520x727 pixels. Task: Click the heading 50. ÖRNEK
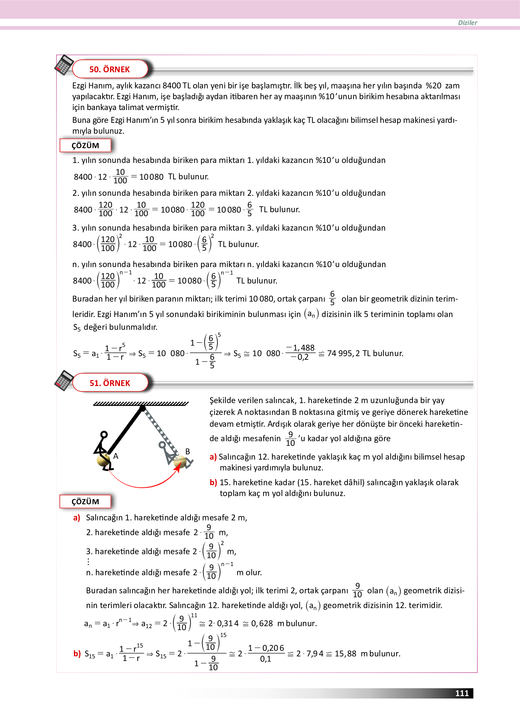[x=109, y=69]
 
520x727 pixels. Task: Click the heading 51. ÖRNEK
[x=110, y=383]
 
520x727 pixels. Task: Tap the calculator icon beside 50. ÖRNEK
[x=64, y=65]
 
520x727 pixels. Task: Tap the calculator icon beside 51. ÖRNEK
[x=64, y=380]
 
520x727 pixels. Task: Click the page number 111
[x=462, y=693]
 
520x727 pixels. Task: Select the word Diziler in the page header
[x=467, y=23]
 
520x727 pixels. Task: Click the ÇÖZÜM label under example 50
[x=85, y=146]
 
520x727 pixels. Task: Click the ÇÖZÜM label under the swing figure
[x=85, y=502]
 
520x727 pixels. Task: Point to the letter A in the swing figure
[x=116, y=456]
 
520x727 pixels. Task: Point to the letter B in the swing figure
[x=188, y=451]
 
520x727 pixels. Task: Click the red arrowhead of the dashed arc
[x=177, y=468]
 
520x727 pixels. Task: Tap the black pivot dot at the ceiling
[x=143, y=408]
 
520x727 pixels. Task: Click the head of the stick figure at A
[x=104, y=434]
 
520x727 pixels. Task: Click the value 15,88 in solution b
[x=345, y=654]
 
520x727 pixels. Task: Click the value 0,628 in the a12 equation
[x=262, y=624]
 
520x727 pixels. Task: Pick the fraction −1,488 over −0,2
[x=300, y=352]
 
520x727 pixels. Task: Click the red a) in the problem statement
[x=213, y=457]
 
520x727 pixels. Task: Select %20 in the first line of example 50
[x=433, y=86]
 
